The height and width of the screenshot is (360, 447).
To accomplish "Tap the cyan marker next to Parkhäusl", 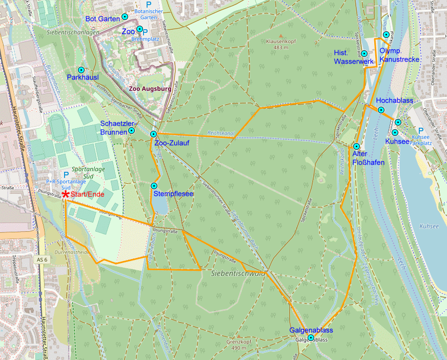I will click(81, 70).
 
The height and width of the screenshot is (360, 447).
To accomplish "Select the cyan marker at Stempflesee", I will click(154, 186).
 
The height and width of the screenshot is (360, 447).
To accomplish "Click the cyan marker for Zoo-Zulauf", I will click(153, 134).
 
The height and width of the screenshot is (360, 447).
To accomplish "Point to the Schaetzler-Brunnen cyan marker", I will click(132, 130).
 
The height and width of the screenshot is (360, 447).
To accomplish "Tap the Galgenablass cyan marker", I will click(311, 337).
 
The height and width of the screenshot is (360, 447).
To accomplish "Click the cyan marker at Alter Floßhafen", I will click(357, 146).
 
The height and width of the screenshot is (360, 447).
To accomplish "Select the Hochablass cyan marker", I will click(381, 110).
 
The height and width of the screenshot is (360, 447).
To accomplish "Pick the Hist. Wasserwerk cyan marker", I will click(364, 53).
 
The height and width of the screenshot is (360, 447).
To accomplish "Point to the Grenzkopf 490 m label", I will click(239, 345).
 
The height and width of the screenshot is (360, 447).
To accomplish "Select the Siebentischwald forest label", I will click(238, 273).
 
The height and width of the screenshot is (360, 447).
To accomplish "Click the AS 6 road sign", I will click(43, 260).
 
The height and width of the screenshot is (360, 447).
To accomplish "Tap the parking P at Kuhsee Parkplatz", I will click(421, 131).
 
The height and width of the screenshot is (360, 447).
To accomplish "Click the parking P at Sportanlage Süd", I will click(66, 175).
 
